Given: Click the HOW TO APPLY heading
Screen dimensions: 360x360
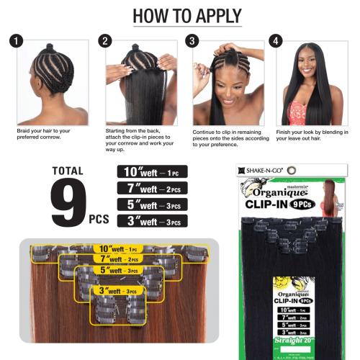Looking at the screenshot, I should point(179,17).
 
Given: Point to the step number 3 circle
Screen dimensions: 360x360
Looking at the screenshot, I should point(192,40).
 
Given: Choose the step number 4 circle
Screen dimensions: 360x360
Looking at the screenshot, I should point(274,40).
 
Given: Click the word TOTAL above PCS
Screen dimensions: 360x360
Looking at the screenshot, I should point(68,171).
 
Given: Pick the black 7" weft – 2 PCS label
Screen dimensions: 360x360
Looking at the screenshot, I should point(151,189).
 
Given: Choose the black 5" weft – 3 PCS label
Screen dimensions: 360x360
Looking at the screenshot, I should point(151,205).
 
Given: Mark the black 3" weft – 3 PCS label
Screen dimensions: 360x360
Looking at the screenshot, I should point(151,220).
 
